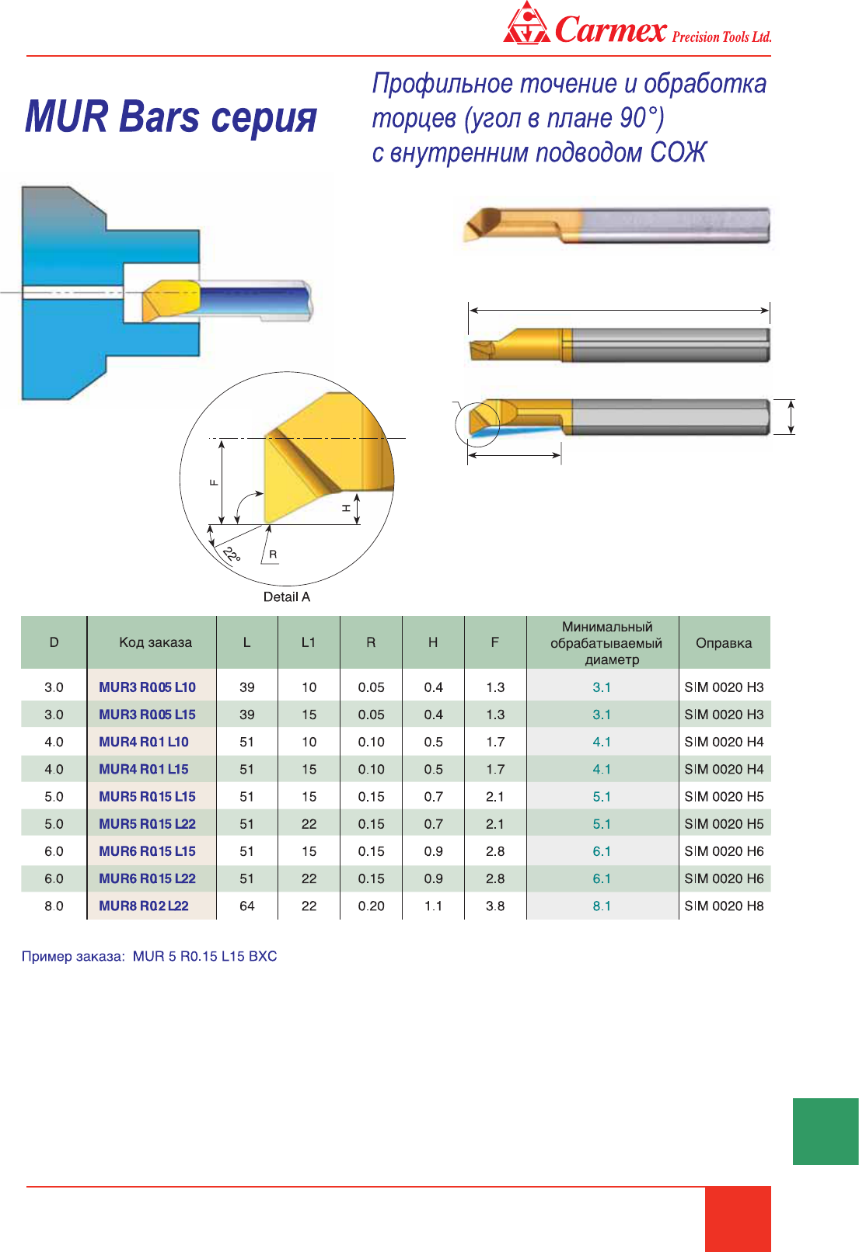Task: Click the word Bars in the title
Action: (159, 117)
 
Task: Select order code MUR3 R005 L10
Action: (147, 687)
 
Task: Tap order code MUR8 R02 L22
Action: (144, 906)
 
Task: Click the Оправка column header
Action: (724, 643)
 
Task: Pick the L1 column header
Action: (309, 642)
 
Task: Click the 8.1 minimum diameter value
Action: (602, 906)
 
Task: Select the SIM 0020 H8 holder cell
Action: (724, 906)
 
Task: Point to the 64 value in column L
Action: (246, 906)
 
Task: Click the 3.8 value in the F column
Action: (495, 906)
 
